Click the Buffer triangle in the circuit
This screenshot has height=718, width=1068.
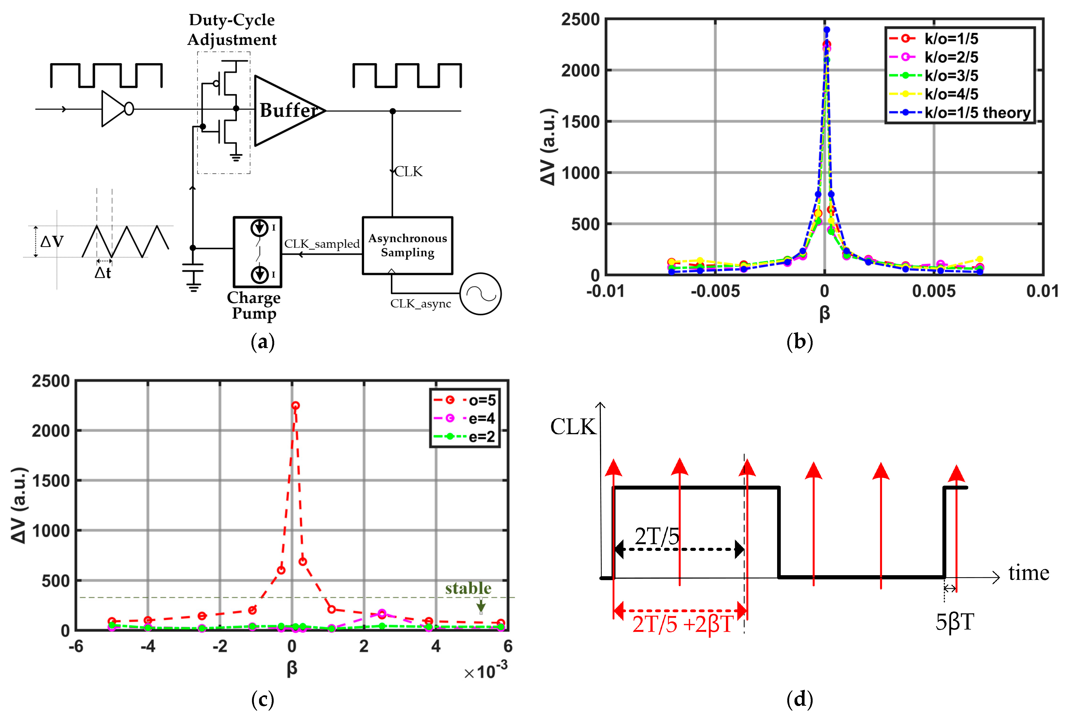click(x=286, y=111)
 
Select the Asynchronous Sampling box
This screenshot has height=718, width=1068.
click(x=407, y=245)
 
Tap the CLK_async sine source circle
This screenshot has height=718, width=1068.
click(x=480, y=293)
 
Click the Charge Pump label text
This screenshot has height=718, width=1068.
click(x=254, y=305)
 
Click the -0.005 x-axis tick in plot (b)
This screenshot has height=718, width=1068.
click(x=715, y=291)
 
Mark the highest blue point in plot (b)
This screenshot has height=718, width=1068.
click(x=827, y=30)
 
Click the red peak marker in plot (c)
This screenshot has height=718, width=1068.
click(x=295, y=405)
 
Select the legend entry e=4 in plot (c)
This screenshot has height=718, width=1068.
click(x=481, y=418)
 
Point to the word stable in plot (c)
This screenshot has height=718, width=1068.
click(x=468, y=588)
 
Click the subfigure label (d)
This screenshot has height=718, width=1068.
click(x=799, y=699)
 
